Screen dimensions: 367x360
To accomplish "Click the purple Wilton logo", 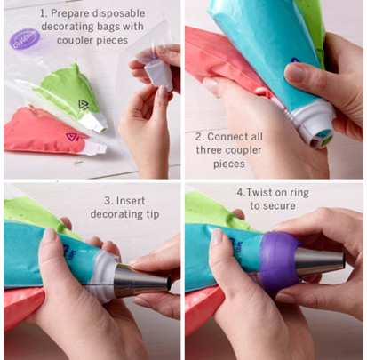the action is pyautogui.click(x=25, y=39).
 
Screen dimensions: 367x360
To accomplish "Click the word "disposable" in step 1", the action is pyautogui.click(x=118, y=13).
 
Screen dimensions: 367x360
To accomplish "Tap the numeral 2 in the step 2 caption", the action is pyautogui.click(x=199, y=137).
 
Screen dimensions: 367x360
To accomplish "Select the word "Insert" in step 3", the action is pyautogui.click(x=131, y=201).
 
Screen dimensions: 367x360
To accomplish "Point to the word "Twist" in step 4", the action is pyautogui.click(x=259, y=192).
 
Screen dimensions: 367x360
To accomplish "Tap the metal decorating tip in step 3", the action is pyautogui.click(x=142, y=281).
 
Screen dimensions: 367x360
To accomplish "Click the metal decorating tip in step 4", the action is pyautogui.click(x=320, y=261).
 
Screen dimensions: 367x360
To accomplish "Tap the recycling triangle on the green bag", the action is pyautogui.click(x=84, y=104).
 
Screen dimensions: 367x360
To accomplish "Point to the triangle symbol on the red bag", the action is pyautogui.click(x=71, y=137).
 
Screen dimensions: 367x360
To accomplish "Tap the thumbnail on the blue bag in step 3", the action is pyautogui.click(x=50, y=235).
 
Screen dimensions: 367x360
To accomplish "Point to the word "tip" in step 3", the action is pyautogui.click(x=152, y=214).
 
